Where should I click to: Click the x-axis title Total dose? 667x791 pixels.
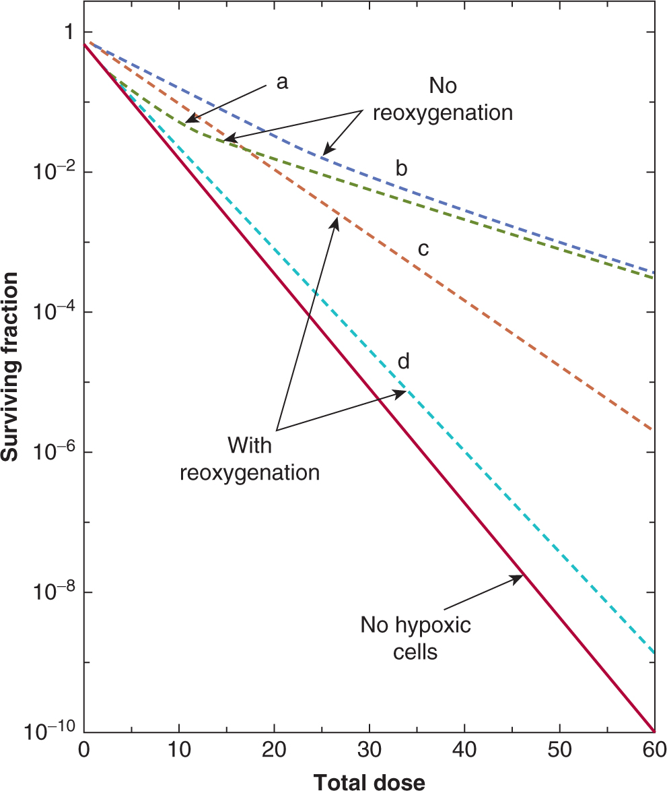369,782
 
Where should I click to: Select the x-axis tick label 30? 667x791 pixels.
369,750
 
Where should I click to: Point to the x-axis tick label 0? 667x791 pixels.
84,750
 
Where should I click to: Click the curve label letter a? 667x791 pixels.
282,82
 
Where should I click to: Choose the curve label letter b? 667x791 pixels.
401,168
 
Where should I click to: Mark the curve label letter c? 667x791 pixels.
423,249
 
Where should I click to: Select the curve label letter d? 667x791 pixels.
404,361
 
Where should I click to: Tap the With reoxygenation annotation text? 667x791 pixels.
249,458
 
